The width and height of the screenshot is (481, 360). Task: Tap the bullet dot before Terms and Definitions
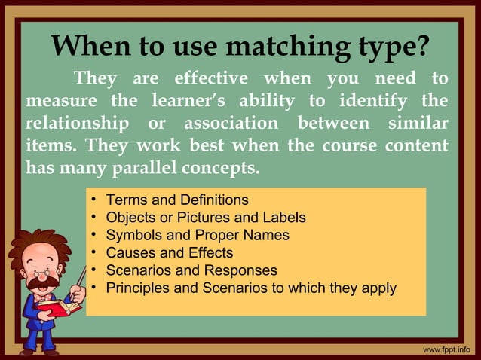pyautogui.click(x=92, y=200)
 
